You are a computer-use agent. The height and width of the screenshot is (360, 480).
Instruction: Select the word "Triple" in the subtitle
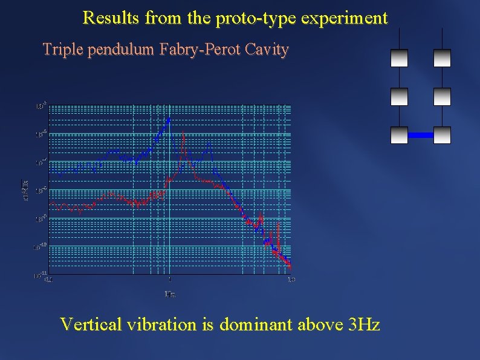(x=62, y=50)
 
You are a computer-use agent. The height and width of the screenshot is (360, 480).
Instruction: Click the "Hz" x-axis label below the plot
(x=170, y=295)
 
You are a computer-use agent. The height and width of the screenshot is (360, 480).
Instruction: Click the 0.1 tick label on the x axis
(x=49, y=280)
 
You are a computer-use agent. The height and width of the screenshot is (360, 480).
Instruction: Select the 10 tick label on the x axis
(x=291, y=280)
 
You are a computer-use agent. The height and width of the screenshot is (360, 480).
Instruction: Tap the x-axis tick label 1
(x=170, y=280)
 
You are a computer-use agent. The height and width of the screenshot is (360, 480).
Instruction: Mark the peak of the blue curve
(x=169, y=118)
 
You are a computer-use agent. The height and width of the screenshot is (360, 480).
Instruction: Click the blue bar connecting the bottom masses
(x=421, y=135)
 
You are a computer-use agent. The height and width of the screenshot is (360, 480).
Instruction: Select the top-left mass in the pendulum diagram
(x=399, y=57)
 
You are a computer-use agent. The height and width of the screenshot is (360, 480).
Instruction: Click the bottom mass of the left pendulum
(x=399, y=135)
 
